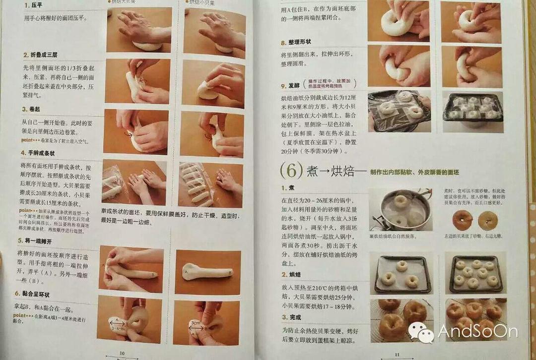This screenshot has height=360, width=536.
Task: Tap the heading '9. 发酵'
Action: [291, 85]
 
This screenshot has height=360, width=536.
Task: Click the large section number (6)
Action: [288, 171]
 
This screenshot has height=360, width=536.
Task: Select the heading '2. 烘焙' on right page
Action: [291, 274]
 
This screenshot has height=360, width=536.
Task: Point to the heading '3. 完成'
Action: [291, 317]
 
